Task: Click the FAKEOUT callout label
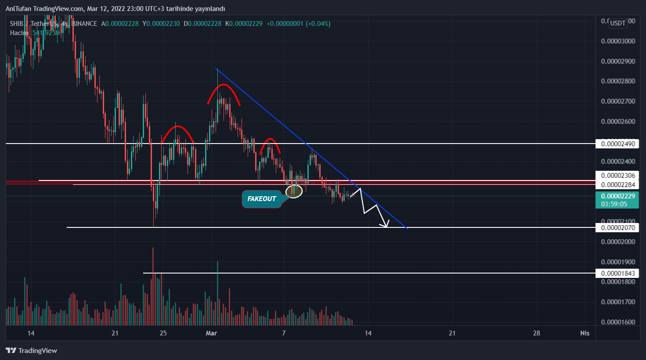tap(261, 199)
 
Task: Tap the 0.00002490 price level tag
tap(617, 144)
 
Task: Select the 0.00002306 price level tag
tap(617, 176)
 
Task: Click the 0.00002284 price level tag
tap(617, 184)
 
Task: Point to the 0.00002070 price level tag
tap(617, 227)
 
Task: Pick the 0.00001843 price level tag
tap(617, 273)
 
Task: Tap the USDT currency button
tap(617, 23)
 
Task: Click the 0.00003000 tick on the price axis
tap(617, 41)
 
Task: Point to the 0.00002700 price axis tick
tap(617, 101)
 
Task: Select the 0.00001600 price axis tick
tap(617, 322)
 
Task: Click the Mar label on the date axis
tap(212, 333)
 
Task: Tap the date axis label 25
tap(163, 333)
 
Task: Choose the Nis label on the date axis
tap(585, 333)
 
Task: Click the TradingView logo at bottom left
tap(32, 350)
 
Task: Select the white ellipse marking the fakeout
tap(294, 191)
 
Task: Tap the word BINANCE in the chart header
tap(84, 24)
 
